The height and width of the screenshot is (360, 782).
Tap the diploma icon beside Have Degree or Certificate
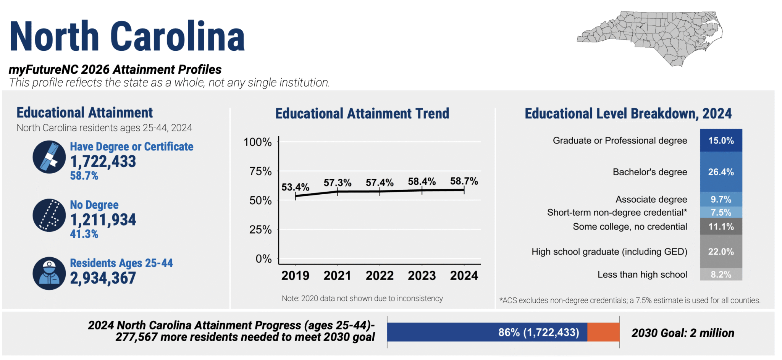pyautogui.click(x=49, y=157)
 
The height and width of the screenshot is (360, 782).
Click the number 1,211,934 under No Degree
pyautogui.click(x=103, y=220)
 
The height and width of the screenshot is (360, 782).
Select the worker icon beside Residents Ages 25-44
pyautogui.click(x=49, y=273)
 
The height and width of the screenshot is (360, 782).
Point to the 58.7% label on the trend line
pyautogui.click(x=464, y=181)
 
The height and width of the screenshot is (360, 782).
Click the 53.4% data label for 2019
pyautogui.click(x=295, y=187)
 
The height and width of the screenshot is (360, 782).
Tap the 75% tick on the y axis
pyautogui.click(x=260, y=171)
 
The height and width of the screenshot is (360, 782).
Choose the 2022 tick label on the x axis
pyautogui.click(x=379, y=275)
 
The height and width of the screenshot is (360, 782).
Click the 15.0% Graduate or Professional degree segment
pyautogui.click(x=721, y=140)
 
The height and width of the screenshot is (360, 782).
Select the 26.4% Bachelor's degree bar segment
pyautogui.click(x=721, y=172)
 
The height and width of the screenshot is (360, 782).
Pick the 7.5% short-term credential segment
pyautogui.click(x=721, y=212)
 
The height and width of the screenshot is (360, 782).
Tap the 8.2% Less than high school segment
pyautogui.click(x=721, y=274)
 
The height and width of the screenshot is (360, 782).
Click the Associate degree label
pyautogui.click(x=651, y=199)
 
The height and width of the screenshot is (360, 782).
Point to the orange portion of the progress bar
pyautogui.click(x=603, y=332)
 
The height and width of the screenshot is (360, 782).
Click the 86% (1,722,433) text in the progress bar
pyautogui.click(x=538, y=333)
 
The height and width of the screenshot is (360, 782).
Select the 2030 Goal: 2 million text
pyautogui.click(x=683, y=333)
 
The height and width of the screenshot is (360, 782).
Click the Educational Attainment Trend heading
pyautogui.click(x=362, y=113)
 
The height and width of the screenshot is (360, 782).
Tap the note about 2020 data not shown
pyautogui.click(x=362, y=299)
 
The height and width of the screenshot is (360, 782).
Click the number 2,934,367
pyautogui.click(x=103, y=278)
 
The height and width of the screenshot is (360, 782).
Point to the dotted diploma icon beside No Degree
pyautogui.click(x=49, y=215)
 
